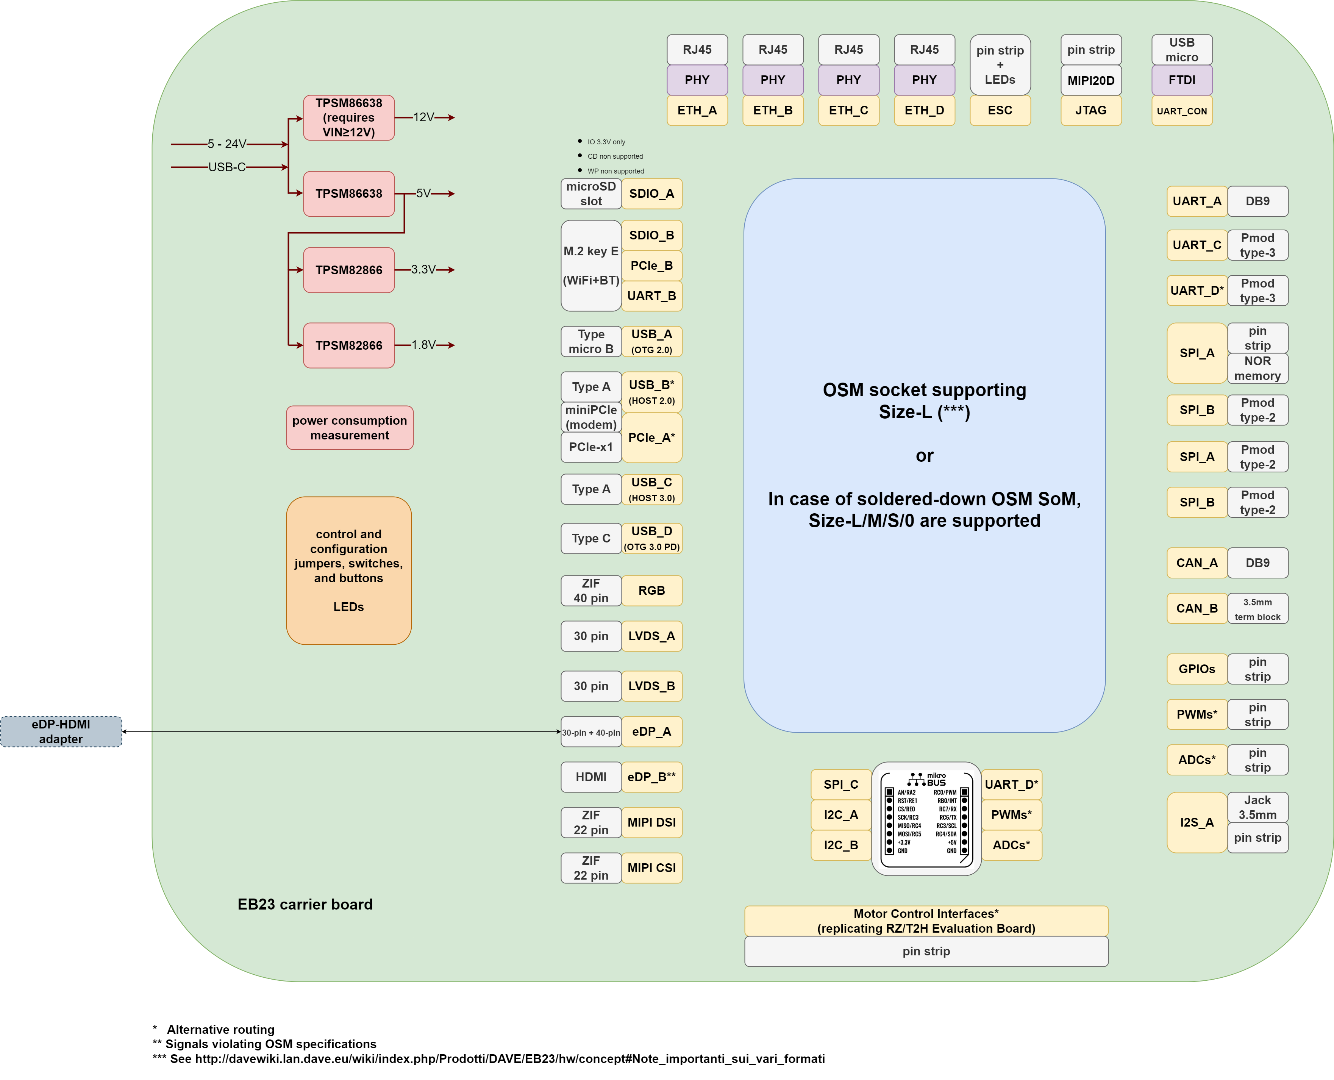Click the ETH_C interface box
[x=848, y=110]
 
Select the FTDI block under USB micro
[x=1182, y=80]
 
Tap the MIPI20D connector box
[x=1091, y=80]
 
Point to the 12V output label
[x=423, y=117]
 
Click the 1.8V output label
[x=423, y=345]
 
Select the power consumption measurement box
[x=350, y=428]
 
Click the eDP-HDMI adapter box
[x=61, y=731]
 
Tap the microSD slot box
[x=591, y=194]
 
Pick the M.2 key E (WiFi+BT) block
[x=591, y=266]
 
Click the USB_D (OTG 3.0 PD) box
[x=652, y=538]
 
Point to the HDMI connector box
[x=591, y=777]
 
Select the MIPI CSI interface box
[x=652, y=868]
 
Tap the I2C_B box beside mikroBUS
[x=841, y=845]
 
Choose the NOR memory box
[x=1257, y=368]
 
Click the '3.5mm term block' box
[x=1257, y=609]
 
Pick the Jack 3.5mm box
[x=1257, y=808]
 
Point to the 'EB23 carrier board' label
[x=305, y=905]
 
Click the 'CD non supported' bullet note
[x=614, y=156]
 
